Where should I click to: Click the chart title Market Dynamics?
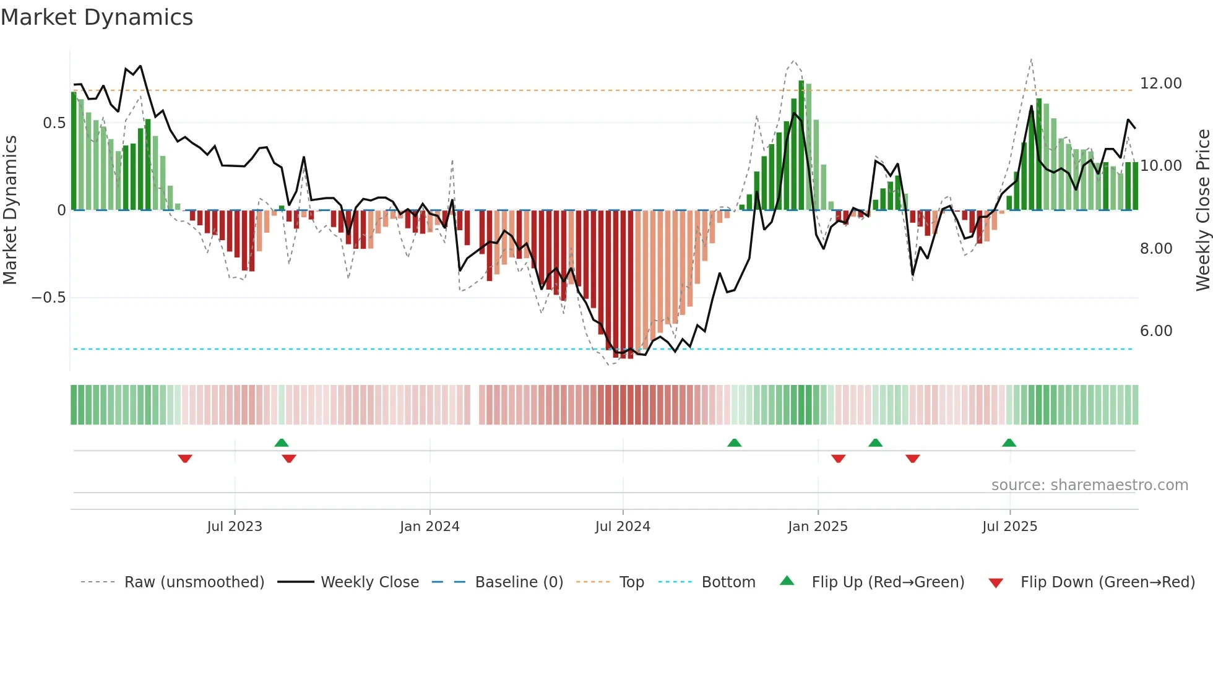[97, 17]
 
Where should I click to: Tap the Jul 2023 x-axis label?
[235, 527]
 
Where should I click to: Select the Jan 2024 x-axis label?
[430, 527]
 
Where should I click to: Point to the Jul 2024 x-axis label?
[623, 527]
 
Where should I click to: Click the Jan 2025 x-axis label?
[818, 527]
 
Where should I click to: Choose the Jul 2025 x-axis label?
[1009, 527]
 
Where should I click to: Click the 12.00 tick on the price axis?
[1160, 84]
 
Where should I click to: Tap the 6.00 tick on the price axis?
[1156, 331]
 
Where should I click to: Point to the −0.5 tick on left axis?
[48, 298]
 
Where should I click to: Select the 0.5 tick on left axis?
[54, 123]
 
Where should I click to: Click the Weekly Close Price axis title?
[1202, 210]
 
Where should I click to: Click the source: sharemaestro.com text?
[1089, 485]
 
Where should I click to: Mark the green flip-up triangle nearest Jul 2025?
[1009, 442]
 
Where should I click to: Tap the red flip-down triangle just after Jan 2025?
[839, 459]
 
